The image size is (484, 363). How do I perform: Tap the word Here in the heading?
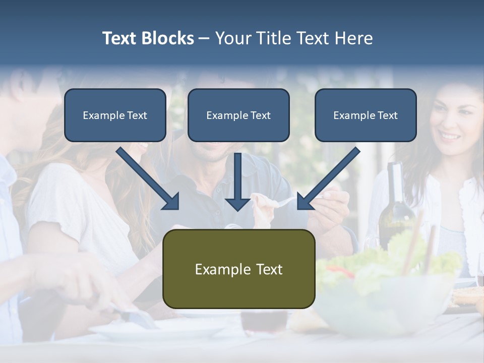(352, 38)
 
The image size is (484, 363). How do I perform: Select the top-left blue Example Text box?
(115, 115)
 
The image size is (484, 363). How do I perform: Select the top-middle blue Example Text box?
(238, 115)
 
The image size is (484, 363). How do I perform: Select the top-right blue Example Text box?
(366, 115)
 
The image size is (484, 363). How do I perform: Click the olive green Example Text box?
(238, 269)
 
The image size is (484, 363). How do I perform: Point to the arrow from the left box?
(148, 179)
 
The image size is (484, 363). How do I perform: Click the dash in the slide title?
(204, 38)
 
